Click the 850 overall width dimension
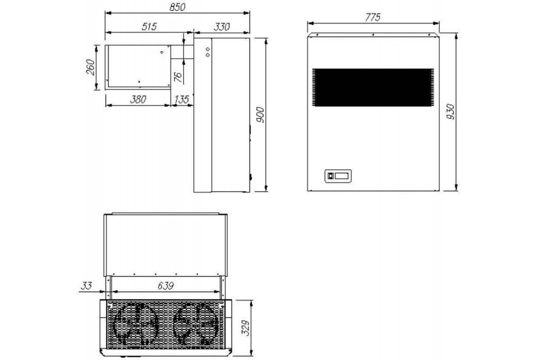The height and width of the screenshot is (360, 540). point(177,7)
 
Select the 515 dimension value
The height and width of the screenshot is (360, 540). point(149,27)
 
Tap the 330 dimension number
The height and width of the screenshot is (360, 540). point(222,27)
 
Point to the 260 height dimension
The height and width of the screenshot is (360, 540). point(90,67)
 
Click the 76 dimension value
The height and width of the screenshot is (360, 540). point(178,77)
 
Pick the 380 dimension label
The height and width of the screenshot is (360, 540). point(138,99)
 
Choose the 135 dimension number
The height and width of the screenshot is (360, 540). point(181,99)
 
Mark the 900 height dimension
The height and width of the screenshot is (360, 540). point(260,115)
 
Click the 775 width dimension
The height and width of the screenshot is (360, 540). point(373,18)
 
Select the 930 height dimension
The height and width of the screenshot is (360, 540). point(450,112)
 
